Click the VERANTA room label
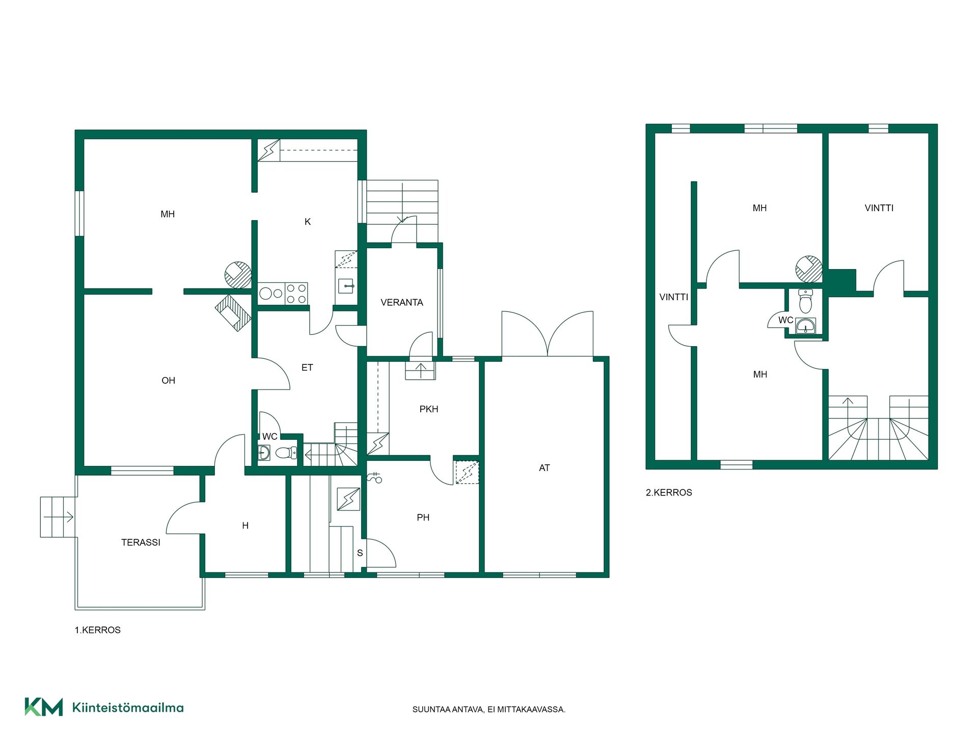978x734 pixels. coord(402,302)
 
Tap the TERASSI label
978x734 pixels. coord(141,542)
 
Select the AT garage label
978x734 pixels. coord(545,468)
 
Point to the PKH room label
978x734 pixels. coord(429,409)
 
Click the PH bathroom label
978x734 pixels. coord(423,517)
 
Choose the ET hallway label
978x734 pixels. coord(307,368)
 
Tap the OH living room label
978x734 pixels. coord(168,381)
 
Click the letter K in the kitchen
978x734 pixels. coord(308,222)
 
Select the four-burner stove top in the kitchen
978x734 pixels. coord(296,294)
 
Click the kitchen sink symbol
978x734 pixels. coord(346,286)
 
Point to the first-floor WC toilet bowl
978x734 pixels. coord(286,452)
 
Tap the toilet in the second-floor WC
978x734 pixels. coord(805,301)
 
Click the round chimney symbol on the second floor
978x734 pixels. coord(809,269)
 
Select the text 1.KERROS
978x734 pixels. coord(98,630)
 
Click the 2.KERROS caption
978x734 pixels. coord(669,493)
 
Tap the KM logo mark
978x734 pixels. coord(44,707)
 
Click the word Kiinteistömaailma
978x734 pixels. coord(128,707)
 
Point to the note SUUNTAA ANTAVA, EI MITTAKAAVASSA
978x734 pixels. coord(489,710)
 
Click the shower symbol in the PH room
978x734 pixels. coord(374,478)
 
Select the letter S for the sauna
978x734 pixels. coord(360,553)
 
